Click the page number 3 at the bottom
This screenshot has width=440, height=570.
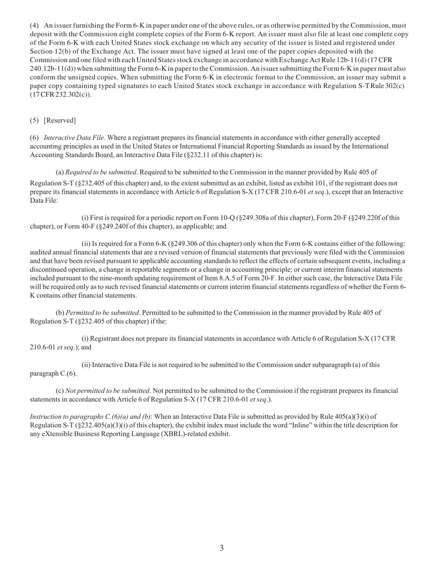221,548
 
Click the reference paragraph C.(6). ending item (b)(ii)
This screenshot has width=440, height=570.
53,374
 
